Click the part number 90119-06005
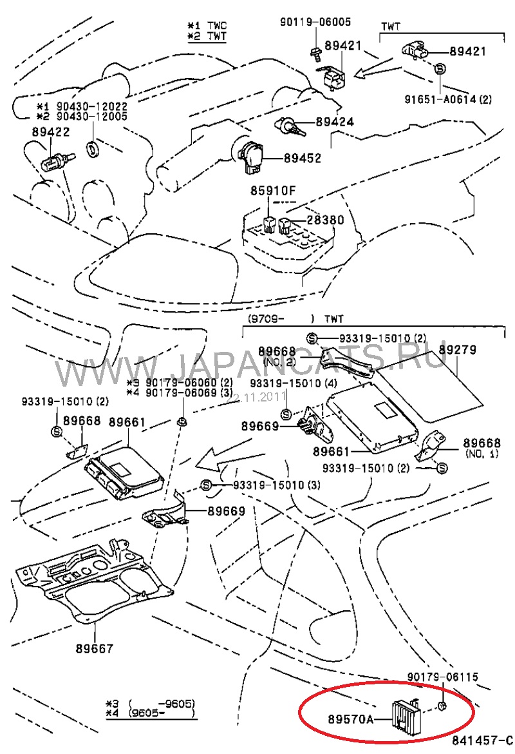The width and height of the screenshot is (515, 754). coord(315,21)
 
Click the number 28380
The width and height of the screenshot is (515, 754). coord(325,220)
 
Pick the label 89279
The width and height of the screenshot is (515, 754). coord(457,350)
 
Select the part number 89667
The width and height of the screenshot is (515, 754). coord(94,648)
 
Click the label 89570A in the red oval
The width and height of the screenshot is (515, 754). coord(351,716)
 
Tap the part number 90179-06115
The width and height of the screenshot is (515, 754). coord(443,677)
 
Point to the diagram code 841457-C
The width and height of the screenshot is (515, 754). coord(482,739)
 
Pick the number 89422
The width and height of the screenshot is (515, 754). coord(50,131)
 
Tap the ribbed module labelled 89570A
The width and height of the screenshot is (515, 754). coord(404,711)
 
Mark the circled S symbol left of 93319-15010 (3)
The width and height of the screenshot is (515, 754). coord(207,485)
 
